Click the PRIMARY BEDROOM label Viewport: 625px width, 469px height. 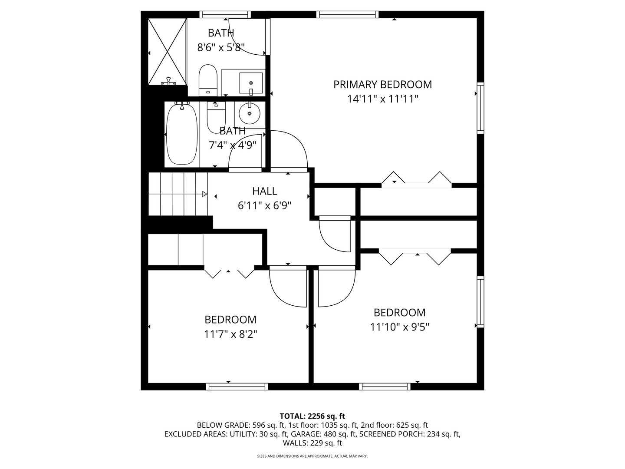pos(382,84)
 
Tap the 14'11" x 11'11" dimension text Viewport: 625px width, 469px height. pos(382,99)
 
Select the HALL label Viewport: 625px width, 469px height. pos(264,191)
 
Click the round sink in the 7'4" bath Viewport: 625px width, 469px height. pos(250,113)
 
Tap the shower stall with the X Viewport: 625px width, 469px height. pos(168,51)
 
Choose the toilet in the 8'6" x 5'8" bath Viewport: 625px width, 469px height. pos(208,80)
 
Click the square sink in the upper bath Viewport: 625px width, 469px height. pos(251,83)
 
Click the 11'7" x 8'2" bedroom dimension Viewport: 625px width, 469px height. pos(230,334)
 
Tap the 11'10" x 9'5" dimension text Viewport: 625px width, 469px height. pos(399,327)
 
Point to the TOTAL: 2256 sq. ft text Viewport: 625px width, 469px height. pos(312,416)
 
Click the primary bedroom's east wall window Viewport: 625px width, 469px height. pos(480,108)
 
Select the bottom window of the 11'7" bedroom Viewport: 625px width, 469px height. pos(237,386)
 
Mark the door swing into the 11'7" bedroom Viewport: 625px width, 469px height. pos(287,287)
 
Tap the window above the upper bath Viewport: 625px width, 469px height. pos(225,14)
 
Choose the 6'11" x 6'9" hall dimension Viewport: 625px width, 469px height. pos(264,205)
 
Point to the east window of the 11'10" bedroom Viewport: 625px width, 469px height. pos(480,302)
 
